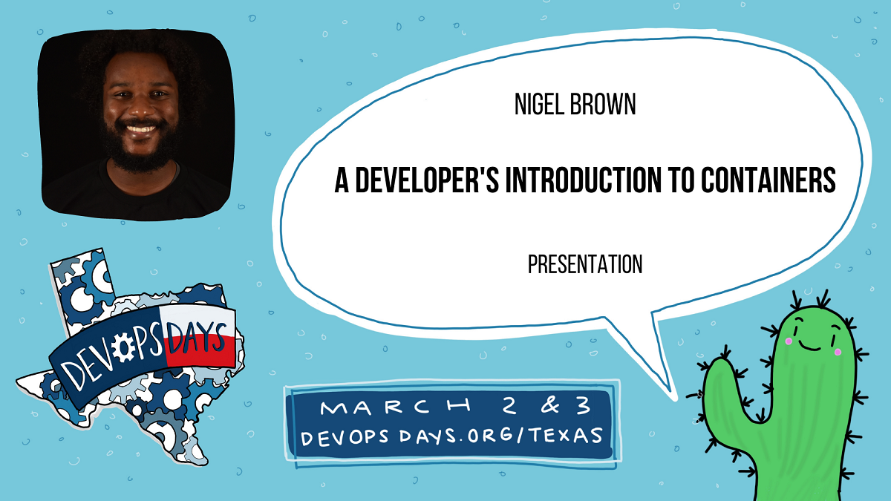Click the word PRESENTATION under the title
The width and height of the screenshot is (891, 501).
click(584, 264)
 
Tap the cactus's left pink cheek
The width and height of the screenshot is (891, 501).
click(789, 341)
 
